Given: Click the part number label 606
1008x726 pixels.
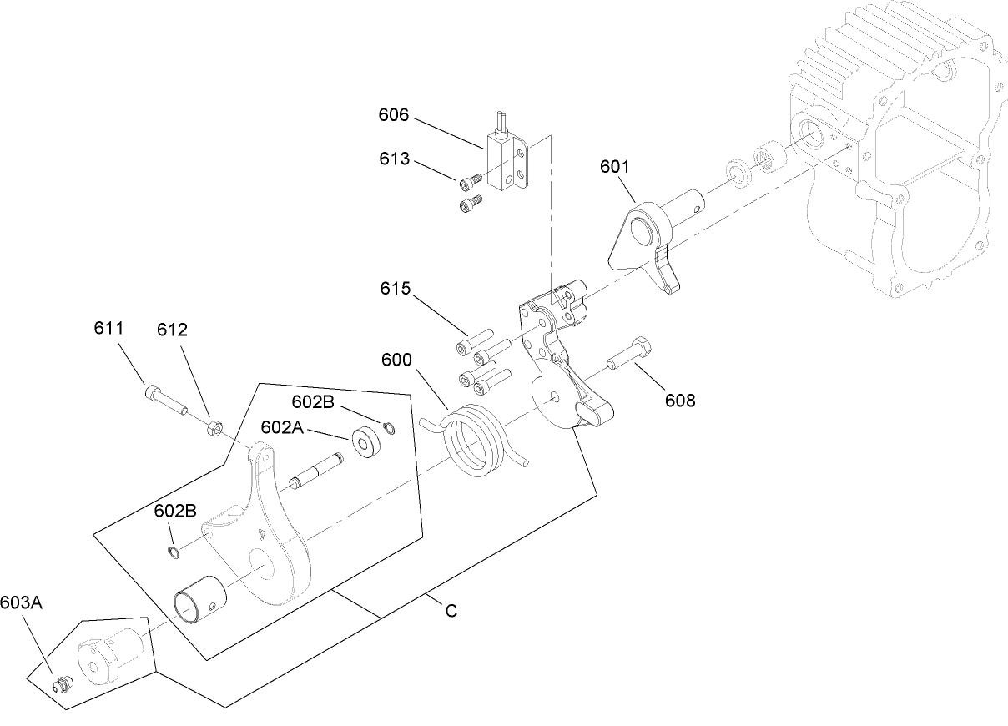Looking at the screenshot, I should tap(394, 114).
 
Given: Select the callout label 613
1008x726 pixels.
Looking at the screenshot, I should tap(394, 159).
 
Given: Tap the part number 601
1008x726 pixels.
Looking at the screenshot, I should tap(615, 166).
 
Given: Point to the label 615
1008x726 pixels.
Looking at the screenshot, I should tap(395, 289).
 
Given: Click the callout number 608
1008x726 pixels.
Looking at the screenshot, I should tap(680, 400).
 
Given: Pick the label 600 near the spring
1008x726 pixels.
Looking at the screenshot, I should tap(396, 360).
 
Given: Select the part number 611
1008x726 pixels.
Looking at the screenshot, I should tap(108, 330).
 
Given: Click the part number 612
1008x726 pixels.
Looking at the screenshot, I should tap(172, 330).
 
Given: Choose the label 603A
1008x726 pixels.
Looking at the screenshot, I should tap(22, 602).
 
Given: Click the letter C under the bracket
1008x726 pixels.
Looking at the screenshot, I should tap(451, 612).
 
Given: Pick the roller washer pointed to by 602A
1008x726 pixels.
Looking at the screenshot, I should tap(365, 441).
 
